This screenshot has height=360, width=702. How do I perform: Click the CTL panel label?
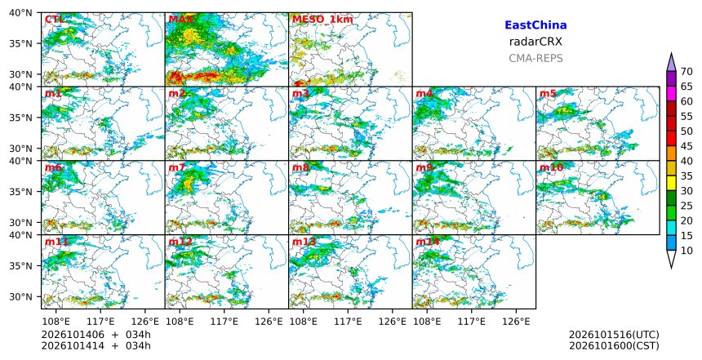click(x=55, y=20)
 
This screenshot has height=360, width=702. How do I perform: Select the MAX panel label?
click(x=181, y=20)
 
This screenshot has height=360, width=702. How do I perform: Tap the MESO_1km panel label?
click(x=322, y=20)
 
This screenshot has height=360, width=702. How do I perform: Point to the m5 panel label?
click(x=548, y=94)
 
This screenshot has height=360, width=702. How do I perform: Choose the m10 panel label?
click(x=552, y=167)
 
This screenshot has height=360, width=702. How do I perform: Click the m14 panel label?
click(x=428, y=242)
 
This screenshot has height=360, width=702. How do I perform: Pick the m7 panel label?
click(x=177, y=167)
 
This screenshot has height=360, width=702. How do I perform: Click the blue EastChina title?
click(x=535, y=25)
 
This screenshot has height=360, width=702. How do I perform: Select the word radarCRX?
click(x=535, y=42)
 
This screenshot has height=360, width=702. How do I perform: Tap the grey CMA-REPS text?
click(x=535, y=58)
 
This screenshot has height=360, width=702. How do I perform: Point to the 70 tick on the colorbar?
click(x=686, y=72)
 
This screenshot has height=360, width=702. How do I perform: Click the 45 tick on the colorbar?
click(x=686, y=146)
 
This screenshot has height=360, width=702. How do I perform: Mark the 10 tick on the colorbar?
click(x=686, y=251)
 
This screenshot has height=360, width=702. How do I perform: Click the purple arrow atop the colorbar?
click(x=671, y=63)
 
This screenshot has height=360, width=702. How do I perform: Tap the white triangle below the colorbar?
click(x=671, y=258)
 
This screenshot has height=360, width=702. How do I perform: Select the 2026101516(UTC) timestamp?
click(x=614, y=335)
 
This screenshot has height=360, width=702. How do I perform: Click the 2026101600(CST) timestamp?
click(x=614, y=345)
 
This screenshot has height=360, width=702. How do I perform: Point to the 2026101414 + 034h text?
click(x=96, y=345)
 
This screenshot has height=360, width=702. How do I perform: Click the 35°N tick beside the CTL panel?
click(x=21, y=43)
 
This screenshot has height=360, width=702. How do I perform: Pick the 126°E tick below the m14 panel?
click(x=516, y=322)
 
